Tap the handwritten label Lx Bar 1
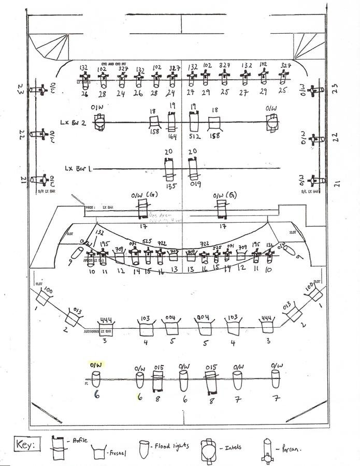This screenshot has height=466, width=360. click(x=78, y=168)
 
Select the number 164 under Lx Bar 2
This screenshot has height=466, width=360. click(x=172, y=137)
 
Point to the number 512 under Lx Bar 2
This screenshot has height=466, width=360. click(x=195, y=137)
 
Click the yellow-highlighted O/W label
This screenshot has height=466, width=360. click(x=96, y=365)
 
